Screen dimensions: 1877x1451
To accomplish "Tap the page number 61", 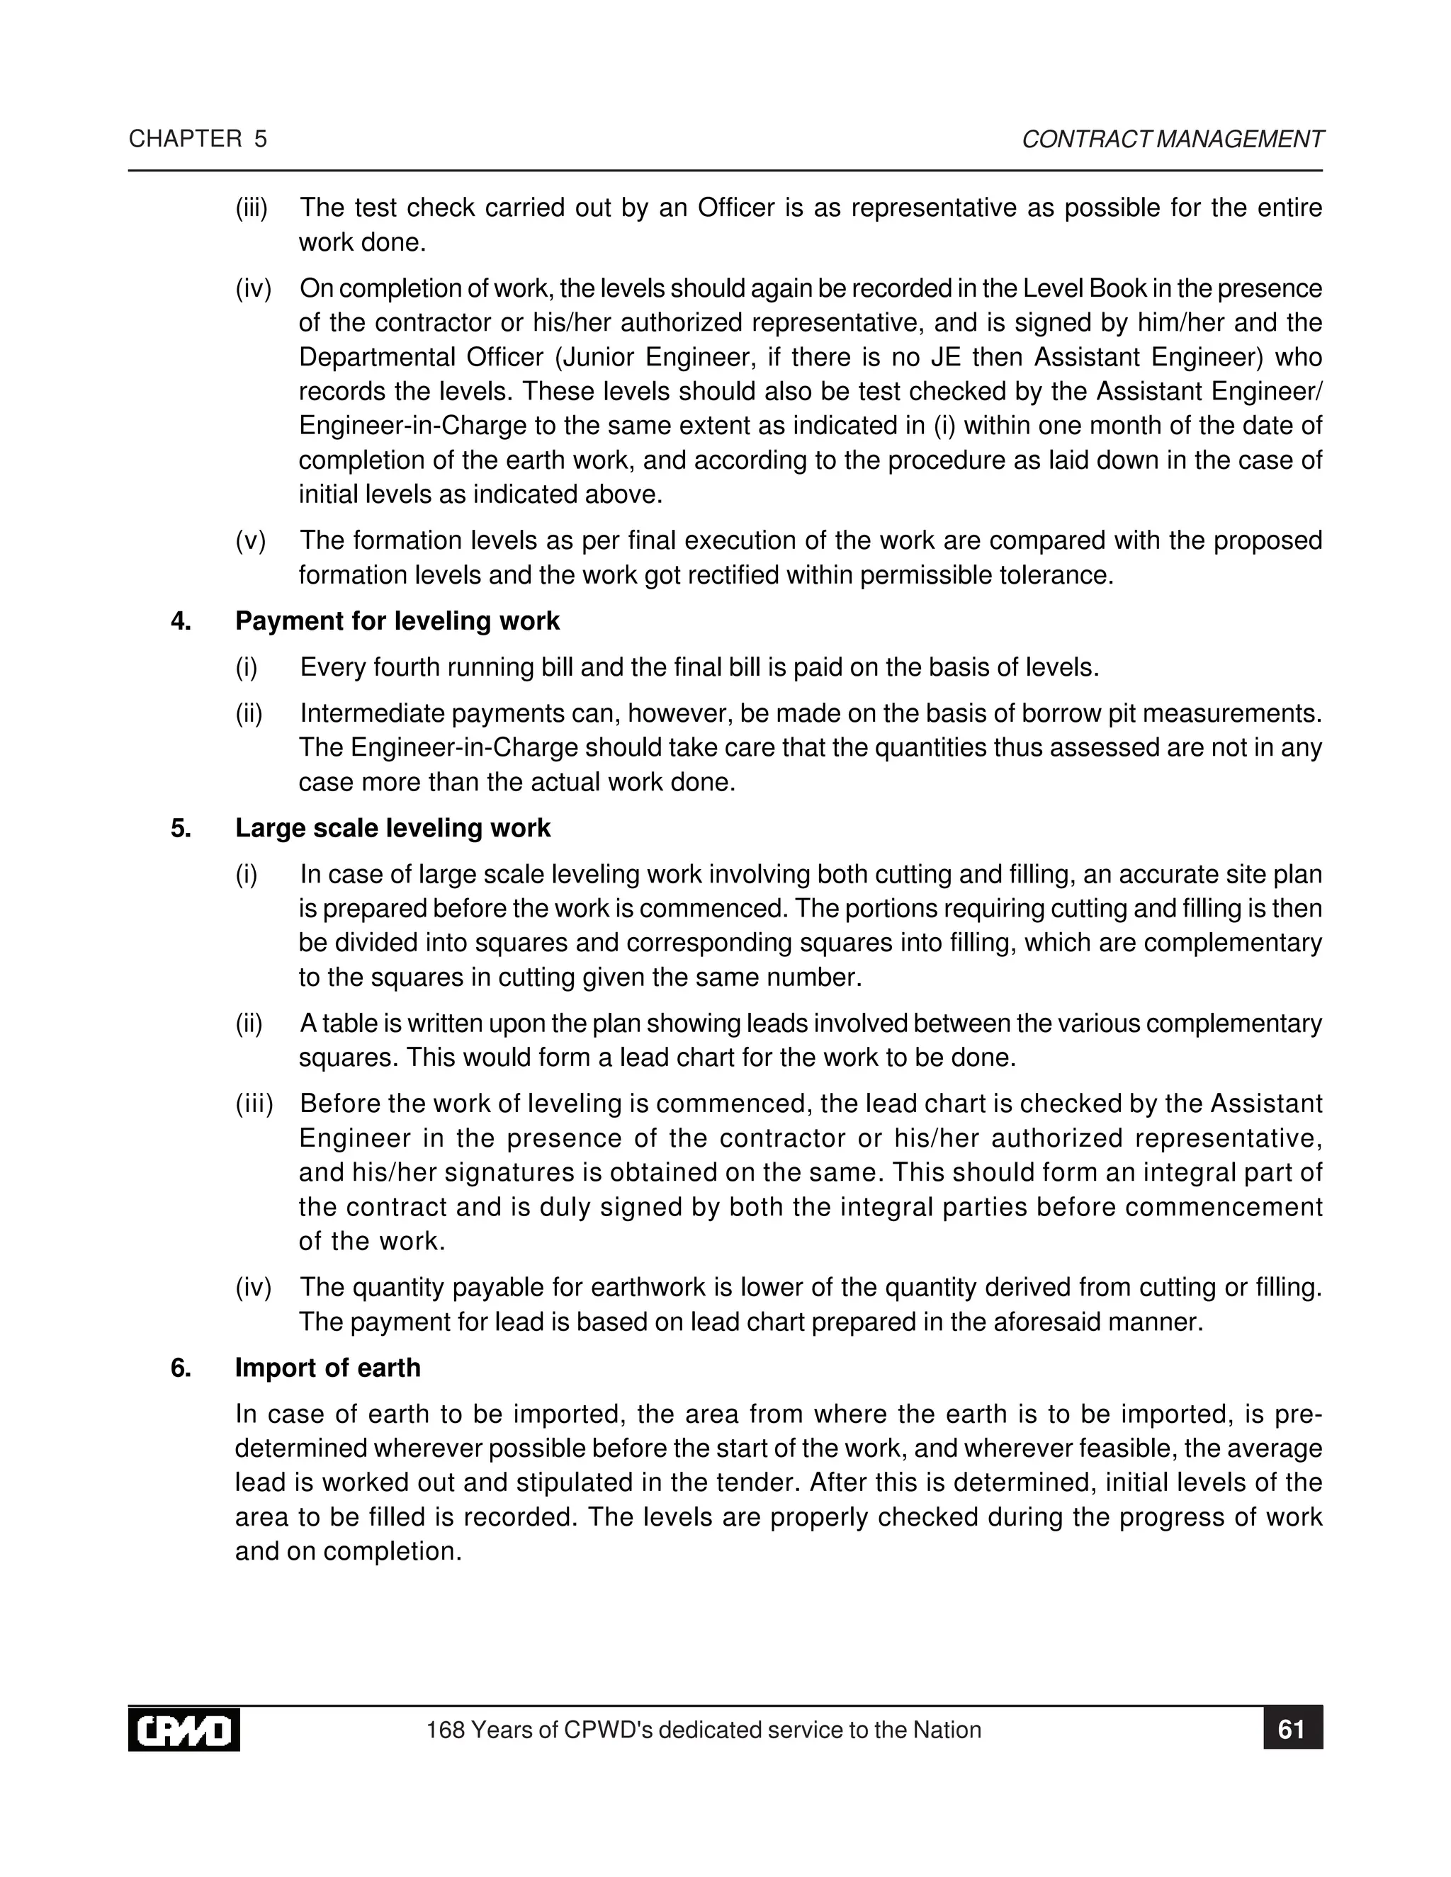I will click(x=1292, y=1729).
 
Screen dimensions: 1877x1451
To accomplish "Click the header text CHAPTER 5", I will click(x=198, y=140).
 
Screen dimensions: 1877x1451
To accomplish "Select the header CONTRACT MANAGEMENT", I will click(x=1173, y=140).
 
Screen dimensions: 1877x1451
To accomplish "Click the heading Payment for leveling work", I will click(x=397, y=620).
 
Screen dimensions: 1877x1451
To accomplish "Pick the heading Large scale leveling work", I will click(x=393, y=827).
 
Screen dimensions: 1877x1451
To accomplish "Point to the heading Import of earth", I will click(x=327, y=1367).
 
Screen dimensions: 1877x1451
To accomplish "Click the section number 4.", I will click(x=181, y=620).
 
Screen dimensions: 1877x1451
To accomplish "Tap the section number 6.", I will click(x=181, y=1367).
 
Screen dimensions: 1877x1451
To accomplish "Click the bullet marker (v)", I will click(x=251, y=540).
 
